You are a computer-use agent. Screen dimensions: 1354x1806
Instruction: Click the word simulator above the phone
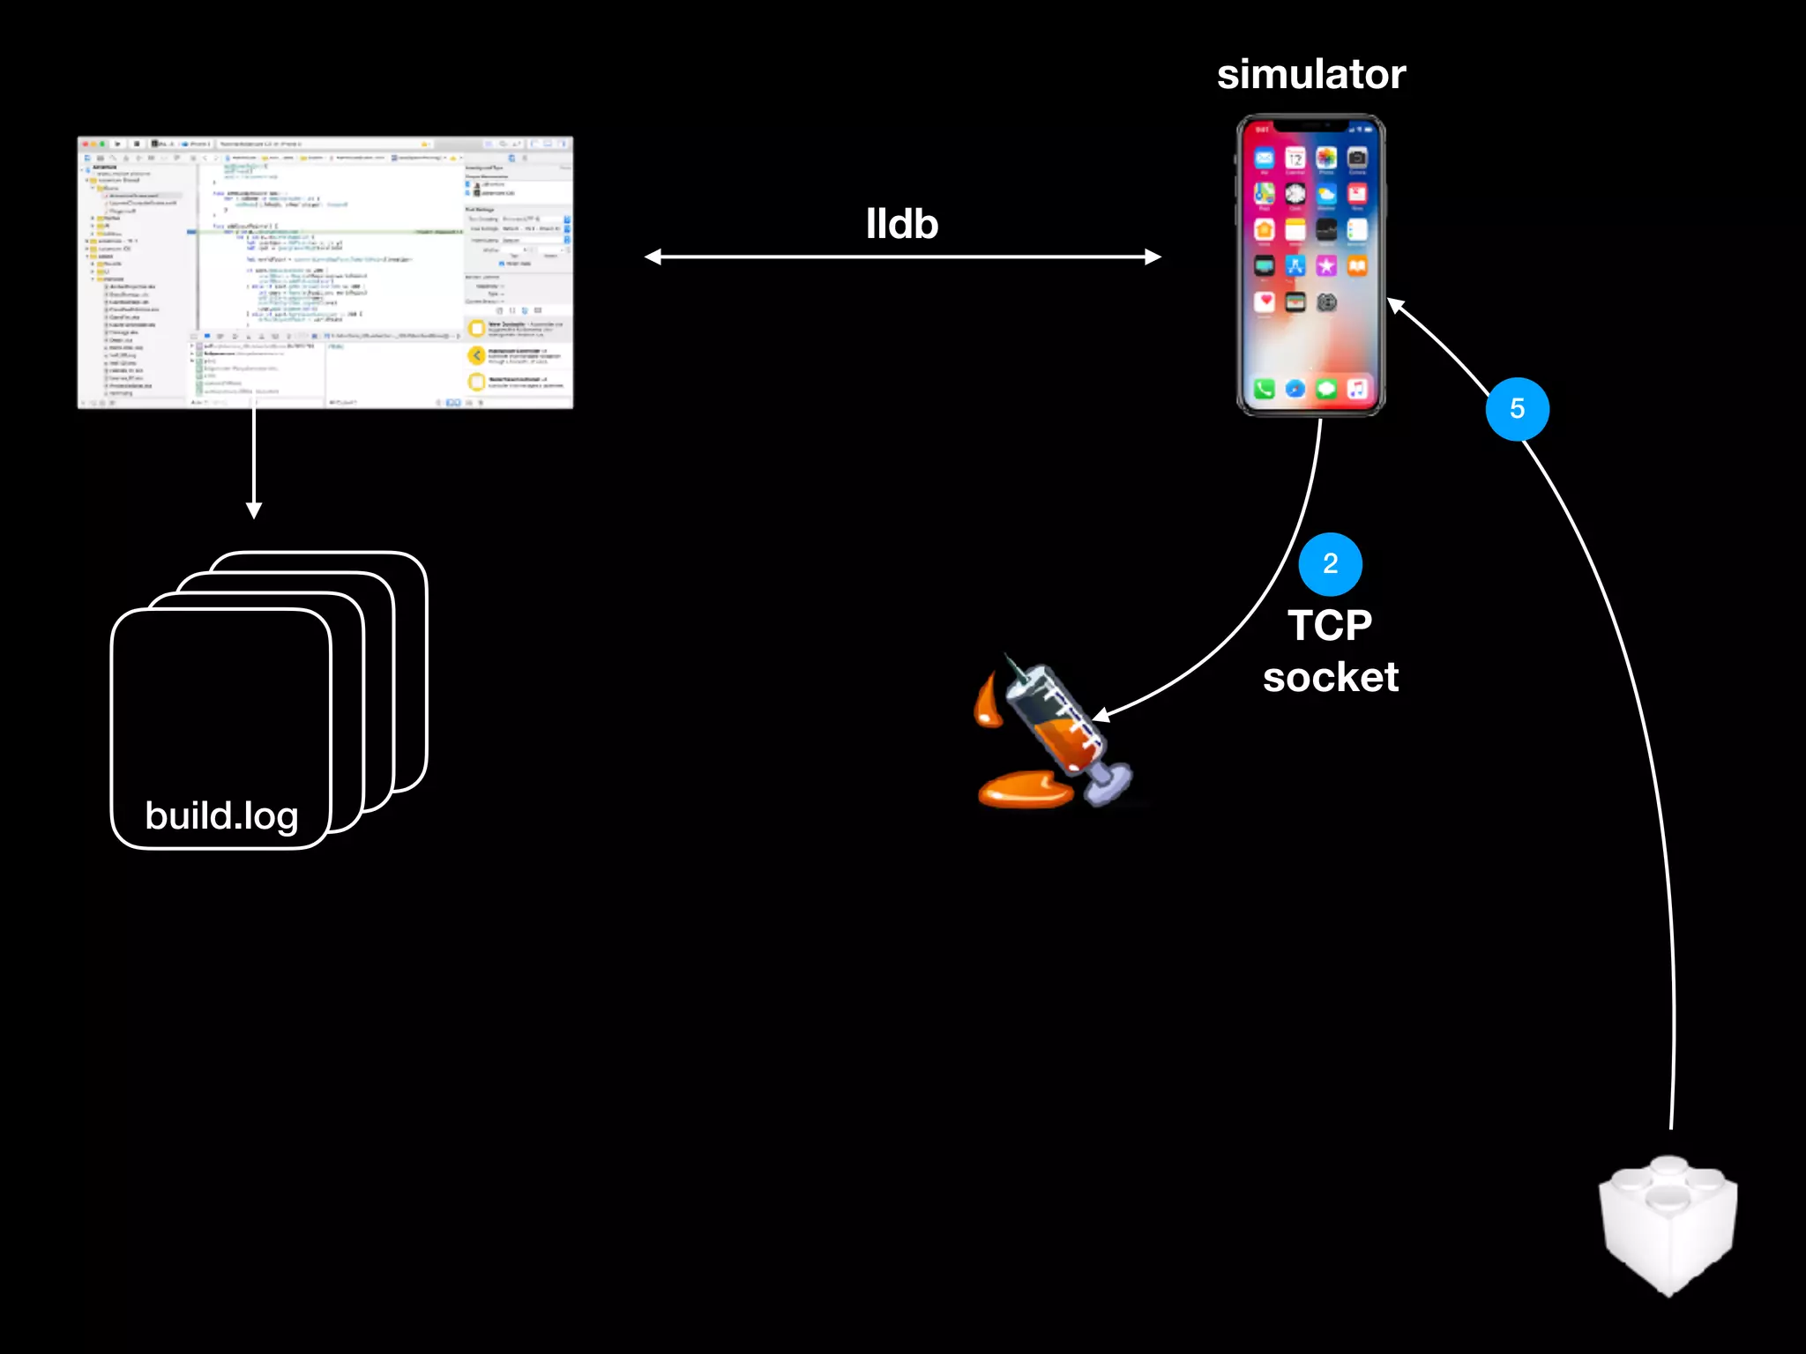(x=1310, y=75)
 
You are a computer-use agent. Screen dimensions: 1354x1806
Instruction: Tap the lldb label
(x=901, y=225)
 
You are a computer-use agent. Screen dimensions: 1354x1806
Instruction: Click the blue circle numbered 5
(x=1517, y=409)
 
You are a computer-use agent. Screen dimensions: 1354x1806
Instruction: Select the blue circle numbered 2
(x=1330, y=564)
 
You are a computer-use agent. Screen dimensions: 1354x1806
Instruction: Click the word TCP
(x=1330, y=626)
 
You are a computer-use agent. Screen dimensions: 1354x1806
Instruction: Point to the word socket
(x=1330, y=678)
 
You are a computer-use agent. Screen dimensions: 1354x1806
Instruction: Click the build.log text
(x=221, y=816)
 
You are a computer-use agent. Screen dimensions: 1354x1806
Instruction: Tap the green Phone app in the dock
(x=1265, y=389)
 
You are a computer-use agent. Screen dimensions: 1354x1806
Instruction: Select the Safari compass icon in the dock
(x=1295, y=389)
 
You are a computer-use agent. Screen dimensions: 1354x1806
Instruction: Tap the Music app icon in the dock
(x=1357, y=389)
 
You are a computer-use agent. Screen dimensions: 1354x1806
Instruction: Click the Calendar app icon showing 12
(x=1295, y=159)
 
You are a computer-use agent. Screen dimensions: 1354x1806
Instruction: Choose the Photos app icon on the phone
(x=1326, y=159)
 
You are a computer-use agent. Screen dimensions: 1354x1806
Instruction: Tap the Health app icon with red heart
(x=1265, y=302)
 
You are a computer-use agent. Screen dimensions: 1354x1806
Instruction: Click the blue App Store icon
(x=1295, y=265)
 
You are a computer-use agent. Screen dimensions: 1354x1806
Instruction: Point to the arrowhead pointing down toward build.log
(x=254, y=510)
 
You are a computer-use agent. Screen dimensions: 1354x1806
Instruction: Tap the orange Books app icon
(x=1357, y=265)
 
